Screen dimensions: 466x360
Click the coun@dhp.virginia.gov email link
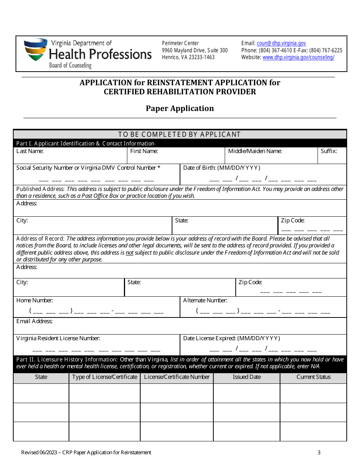pyautogui.click(x=281, y=43)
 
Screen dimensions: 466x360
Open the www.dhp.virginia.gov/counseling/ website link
pyautogui.click(x=298, y=57)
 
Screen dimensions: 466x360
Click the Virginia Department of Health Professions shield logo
pyautogui.click(x=36, y=50)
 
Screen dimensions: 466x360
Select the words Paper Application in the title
pyautogui.click(x=180, y=108)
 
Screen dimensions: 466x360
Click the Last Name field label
pyautogui.click(x=30, y=151)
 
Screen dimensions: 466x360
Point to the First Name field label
pyautogui.click(x=144, y=151)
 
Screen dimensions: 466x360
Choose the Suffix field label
pyautogui.click(x=329, y=151)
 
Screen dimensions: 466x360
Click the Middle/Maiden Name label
pyautogui.click(x=255, y=151)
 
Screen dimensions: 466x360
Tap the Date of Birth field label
pyautogui.click(x=221, y=168)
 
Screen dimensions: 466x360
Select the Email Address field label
pyautogui.click(x=34, y=321)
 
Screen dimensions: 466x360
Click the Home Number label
pyautogui.click(x=34, y=300)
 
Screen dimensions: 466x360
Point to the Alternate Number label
pyautogui.click(x=205, y=300)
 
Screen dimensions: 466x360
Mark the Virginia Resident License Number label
pyautogui.click(x=58, y=338)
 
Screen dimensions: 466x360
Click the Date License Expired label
pyautogui.click(x=232, y=338)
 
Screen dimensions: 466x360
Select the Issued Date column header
pyautogui.click(x=247, y=377)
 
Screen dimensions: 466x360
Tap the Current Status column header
pyautogui.click(x=313, y=377)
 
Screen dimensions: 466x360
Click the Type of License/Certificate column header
pyautogui.click(x=105, y=377)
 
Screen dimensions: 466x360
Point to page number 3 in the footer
pyautogui.click(x=319, y=452)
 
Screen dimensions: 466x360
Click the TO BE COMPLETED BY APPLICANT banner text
pyautogui.click(x=180, y=134)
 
